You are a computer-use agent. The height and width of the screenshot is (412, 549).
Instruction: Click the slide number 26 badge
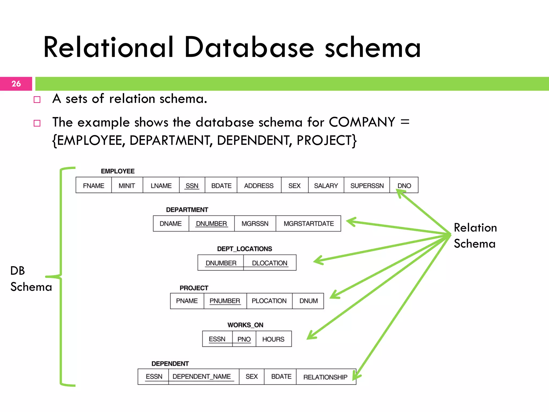(x=16, y=84)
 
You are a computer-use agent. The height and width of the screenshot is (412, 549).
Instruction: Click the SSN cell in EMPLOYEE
(x=192, y=186)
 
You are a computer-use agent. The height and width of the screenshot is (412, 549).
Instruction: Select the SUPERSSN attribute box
(x=367, y=186)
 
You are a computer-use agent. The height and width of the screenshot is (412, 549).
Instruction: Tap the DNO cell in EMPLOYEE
(x=404, y=186)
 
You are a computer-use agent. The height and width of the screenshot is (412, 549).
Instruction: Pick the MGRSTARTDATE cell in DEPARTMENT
(x=309, y=223)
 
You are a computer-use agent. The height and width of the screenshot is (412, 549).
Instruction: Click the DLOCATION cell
(x=269, y=263)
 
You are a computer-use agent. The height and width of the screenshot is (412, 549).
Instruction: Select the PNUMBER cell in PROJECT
(x=225, y=301)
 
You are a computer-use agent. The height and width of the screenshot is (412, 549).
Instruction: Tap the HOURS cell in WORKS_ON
(x=273, y=339)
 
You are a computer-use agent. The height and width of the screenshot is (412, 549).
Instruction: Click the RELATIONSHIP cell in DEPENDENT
(x=325, y=377)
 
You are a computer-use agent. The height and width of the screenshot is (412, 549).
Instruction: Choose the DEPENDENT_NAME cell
(x=202, y=377)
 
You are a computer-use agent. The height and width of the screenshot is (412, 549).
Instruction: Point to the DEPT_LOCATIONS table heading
(x=244, y=249)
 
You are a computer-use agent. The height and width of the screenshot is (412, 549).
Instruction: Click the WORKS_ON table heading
(x=245, y=325)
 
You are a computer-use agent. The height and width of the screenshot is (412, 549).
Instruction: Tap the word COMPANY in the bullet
(x=362, y=122)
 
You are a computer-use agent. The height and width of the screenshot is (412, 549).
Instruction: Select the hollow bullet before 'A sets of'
(x=37, y=100)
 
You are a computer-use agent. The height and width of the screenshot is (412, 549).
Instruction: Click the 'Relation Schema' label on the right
(x=475, y=236)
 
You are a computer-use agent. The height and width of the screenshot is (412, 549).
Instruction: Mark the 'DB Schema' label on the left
(x=30, y=279)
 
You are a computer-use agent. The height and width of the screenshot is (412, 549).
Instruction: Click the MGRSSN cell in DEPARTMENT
(x=255, y=223)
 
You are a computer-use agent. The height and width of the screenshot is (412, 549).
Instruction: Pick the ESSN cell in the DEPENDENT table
(x=154, y=377)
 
